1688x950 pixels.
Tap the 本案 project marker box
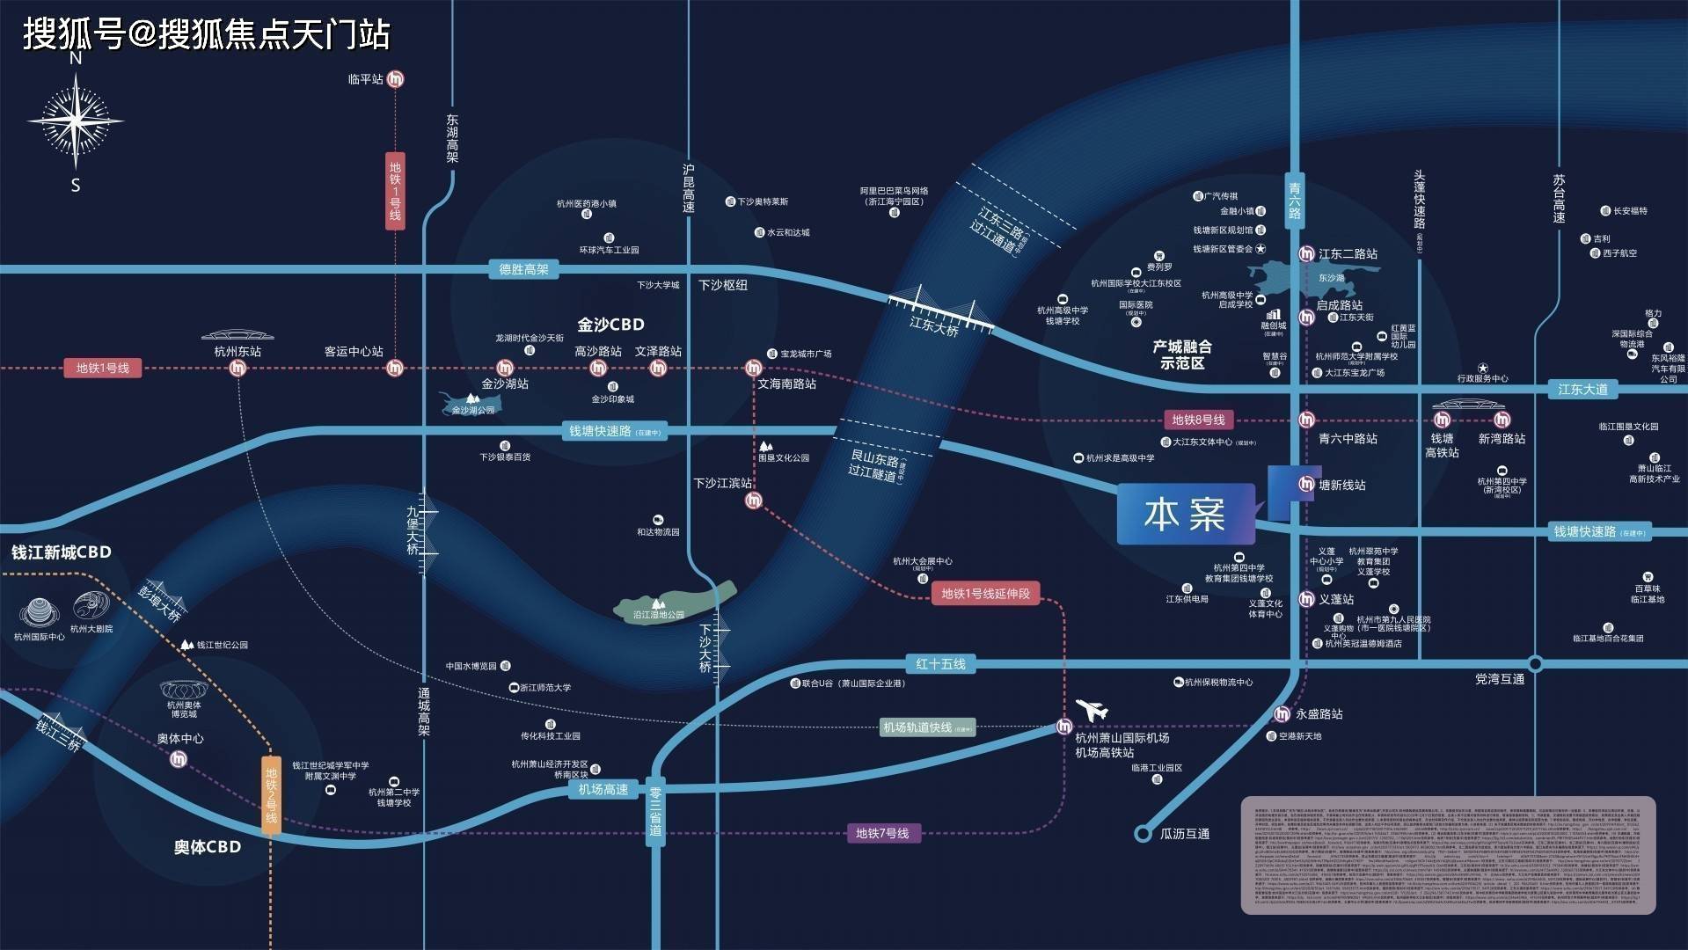click(1185, 514)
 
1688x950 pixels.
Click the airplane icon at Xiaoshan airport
click(1092, 708)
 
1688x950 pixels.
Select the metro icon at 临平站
click(396, 79)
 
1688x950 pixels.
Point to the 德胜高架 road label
click(523, 269)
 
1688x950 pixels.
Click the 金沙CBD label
click(610, 324)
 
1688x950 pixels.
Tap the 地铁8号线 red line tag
click(1198, 420)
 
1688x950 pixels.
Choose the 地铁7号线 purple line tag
click(882, 833)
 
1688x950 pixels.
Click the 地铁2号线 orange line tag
click(271, 795)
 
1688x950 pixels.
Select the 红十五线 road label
click(940, 663)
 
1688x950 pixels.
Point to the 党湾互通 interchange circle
click(1535, 663)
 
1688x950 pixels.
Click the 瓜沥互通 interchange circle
click(1143, 833)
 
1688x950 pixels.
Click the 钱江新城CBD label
click(62, 552)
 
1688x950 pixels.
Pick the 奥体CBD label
click(208, 846)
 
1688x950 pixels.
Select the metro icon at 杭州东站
click(237, 368)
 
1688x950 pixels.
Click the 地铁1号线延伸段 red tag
click(985, 594)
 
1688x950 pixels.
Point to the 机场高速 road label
click(603, 789)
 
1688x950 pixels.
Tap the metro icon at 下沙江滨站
click(754, 501)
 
